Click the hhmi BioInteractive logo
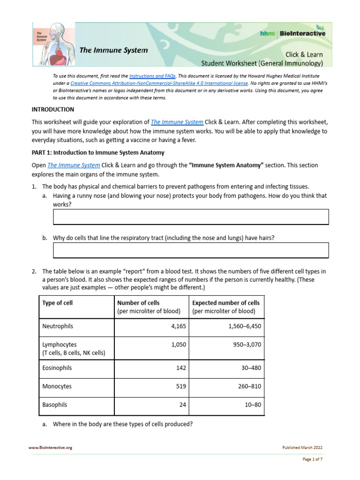292,33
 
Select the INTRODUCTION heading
52,109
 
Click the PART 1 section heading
97,153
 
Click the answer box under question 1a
191,217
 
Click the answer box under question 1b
191,250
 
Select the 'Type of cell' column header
57,303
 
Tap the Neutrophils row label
58,326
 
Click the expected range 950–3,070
246,345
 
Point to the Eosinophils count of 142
181,368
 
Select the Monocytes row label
57,387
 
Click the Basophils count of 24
182,405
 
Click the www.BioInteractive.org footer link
50,448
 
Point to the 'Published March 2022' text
302,448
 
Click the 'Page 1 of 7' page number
311,459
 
